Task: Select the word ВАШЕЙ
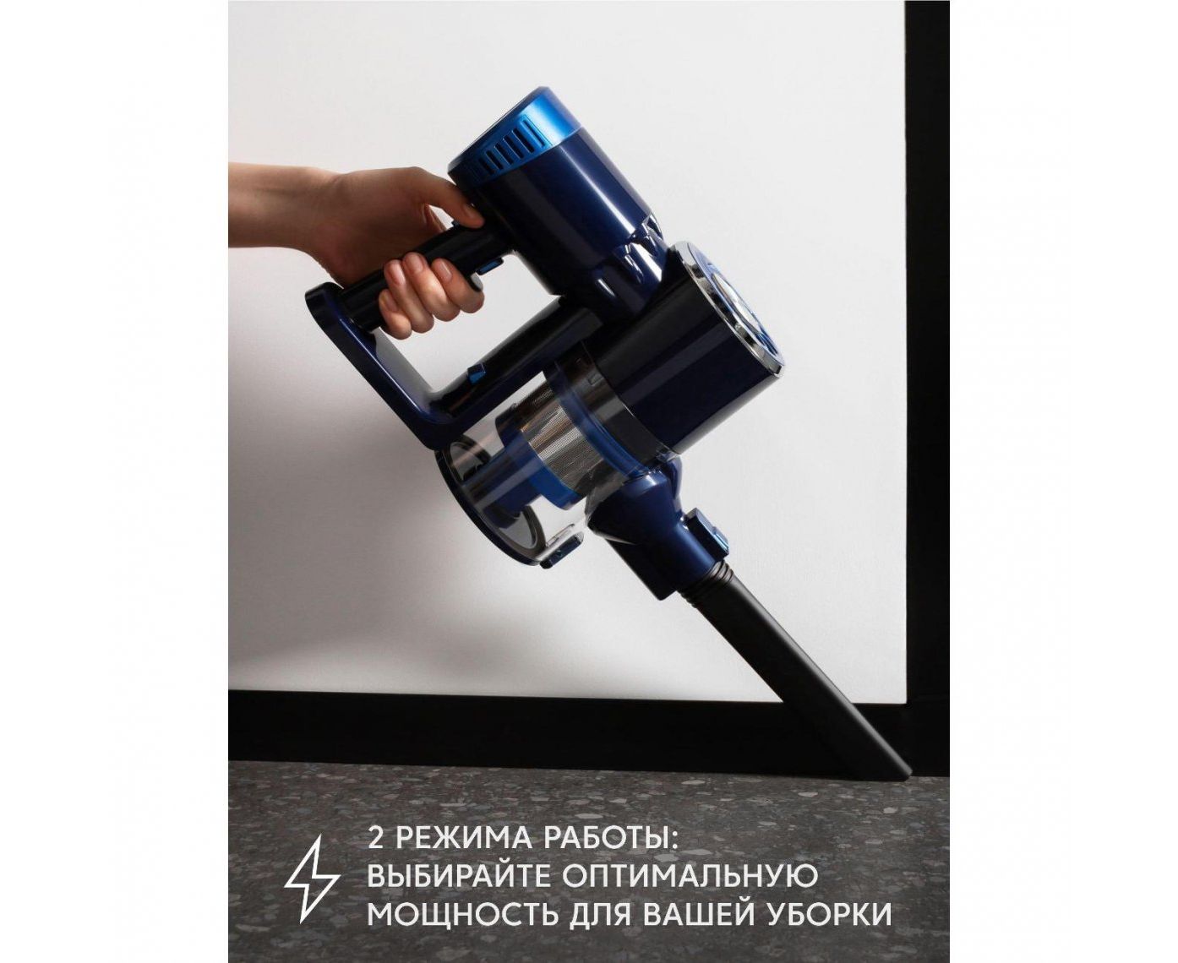pyautogui.click(x=704, y=927)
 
